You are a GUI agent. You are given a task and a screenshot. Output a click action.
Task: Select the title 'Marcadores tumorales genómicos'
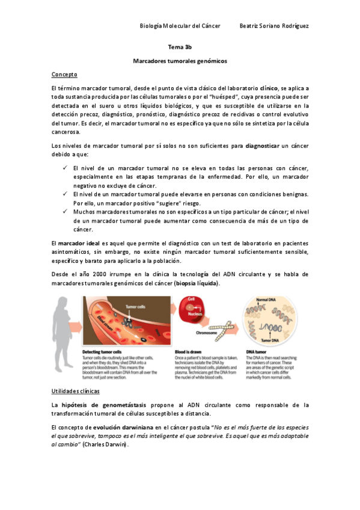point(180,61)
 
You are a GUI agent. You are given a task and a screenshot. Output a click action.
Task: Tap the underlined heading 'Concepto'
point(64,75)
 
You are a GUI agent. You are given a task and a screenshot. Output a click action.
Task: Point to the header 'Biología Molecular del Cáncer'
point(180,26)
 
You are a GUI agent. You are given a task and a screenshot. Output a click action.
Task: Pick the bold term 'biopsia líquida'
point(197,283)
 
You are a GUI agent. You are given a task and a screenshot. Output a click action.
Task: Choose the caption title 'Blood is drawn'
point(189,351)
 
